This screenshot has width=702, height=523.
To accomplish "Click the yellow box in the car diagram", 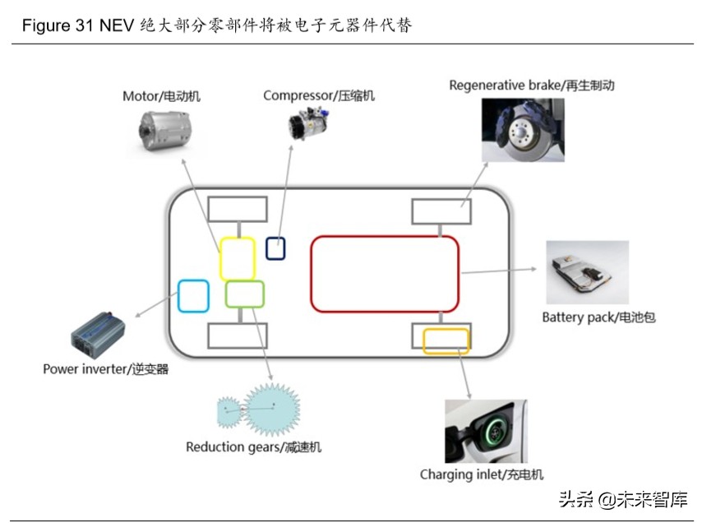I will click(x=238, y=258).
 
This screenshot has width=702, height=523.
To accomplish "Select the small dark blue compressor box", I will click(x=275, y=248).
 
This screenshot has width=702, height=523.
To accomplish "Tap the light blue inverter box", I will click(x=194, y=295).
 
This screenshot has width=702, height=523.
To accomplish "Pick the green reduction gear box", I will click(x=245, y=294).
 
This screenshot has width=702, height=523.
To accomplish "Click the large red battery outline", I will click(x=385, y=274).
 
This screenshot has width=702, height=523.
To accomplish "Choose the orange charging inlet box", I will click(x=446, y=340).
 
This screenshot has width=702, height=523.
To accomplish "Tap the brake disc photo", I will click(x=523, y=131).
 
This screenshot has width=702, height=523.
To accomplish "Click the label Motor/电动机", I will click(x=161, y=96).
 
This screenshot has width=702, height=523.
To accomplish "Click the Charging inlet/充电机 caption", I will click(x=482, y=474).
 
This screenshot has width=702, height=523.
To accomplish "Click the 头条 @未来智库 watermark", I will click(x=622, y=499).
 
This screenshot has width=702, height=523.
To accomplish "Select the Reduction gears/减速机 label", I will click(x=254, y=447).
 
